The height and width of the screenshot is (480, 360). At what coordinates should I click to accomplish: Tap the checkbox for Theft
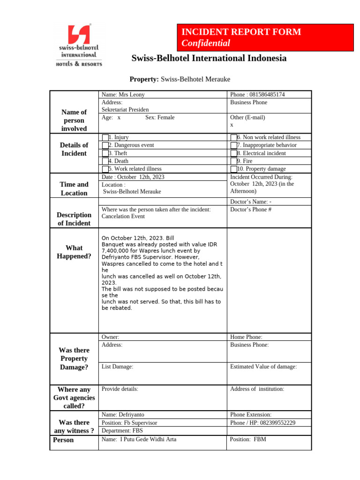pos(105,153)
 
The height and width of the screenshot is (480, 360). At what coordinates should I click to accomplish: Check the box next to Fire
pos(233,161)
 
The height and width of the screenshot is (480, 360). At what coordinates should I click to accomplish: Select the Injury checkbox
pos(105,137)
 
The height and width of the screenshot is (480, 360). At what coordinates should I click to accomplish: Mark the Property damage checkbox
pos(233,169)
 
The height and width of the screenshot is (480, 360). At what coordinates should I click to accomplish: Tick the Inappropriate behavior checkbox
pos(233,145)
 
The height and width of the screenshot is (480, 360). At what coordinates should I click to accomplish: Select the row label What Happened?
pos(74,252)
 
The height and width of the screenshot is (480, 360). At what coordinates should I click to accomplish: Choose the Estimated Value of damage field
pos(263,367)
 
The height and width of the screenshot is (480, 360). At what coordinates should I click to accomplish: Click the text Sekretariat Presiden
pos(125,110)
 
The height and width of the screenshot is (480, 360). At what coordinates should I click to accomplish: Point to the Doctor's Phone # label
pos(251,210)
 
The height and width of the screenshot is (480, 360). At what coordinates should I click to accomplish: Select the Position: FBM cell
pos(248,440)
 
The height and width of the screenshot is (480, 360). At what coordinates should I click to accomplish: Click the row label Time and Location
pos(74,188)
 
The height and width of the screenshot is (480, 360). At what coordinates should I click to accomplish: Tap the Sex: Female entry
pos(159,118)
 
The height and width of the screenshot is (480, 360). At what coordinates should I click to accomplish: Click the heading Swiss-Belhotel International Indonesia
pos(209,59)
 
